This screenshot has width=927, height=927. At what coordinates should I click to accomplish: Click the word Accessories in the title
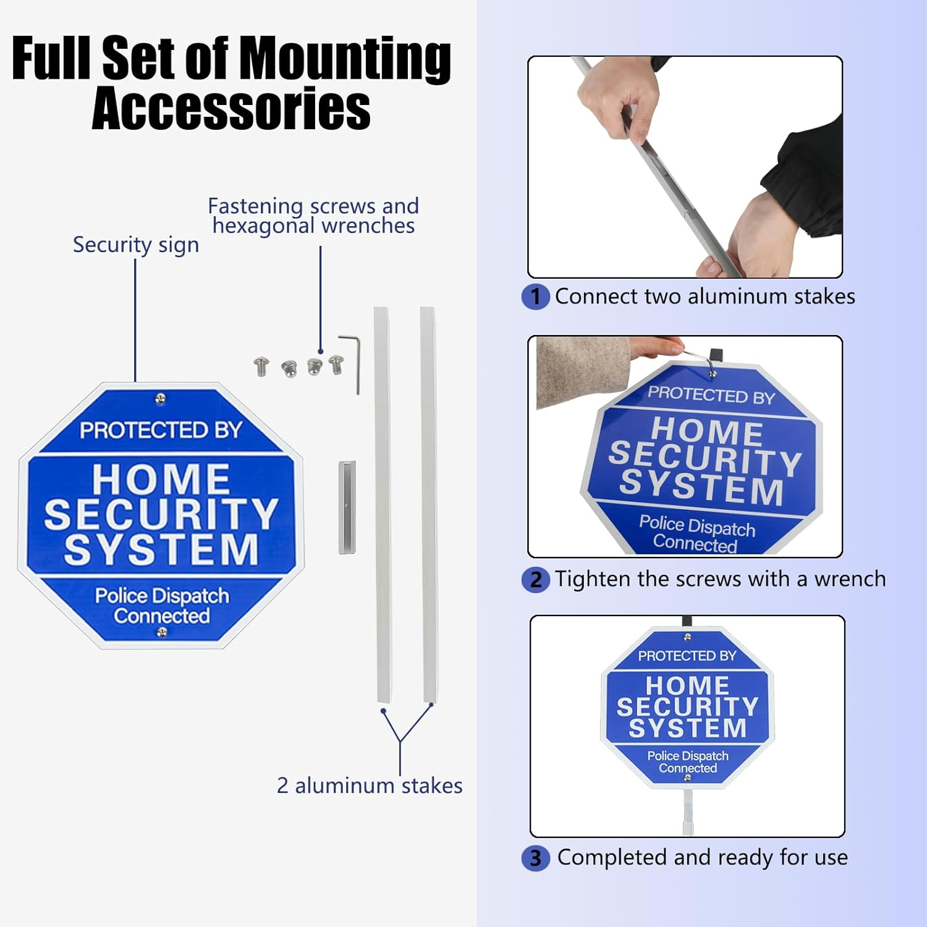point(231,109)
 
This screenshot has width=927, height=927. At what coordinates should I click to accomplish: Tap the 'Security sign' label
point(136,245)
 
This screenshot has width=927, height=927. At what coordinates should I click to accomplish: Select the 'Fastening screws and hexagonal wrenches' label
point(313,216)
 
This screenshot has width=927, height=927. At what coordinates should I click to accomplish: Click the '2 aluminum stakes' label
point(369,785)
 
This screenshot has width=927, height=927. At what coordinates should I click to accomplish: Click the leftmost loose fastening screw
point(261,366)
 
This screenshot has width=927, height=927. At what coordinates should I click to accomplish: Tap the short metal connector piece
point(347,507)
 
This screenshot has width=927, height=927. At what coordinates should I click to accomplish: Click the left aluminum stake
point(383,504)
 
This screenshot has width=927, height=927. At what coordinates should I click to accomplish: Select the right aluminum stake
point(429,504)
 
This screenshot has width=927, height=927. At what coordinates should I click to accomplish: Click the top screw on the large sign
point(160,399)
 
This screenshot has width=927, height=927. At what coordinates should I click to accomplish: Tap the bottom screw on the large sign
point(162,632)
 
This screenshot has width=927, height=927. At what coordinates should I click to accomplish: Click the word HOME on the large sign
point(161,479)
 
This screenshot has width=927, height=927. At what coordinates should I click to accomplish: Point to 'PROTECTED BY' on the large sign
point(161,430)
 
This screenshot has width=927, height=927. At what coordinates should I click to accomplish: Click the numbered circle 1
point(535,297)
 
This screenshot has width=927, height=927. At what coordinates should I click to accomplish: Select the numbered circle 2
point(535,580)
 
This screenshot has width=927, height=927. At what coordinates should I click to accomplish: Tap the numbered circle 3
point(535,858)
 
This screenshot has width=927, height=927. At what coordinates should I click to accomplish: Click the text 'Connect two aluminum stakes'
point(705,297)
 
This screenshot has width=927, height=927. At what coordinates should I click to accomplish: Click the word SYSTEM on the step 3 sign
point(687,728)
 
